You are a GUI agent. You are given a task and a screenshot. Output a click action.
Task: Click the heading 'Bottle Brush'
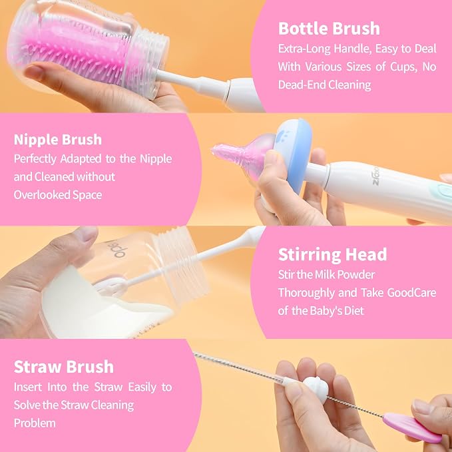click(x=329, y=29)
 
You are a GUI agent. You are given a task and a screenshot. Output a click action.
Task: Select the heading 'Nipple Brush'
click(x=58, y=140)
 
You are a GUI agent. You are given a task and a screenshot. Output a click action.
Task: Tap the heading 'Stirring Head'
click(x=332, y=254)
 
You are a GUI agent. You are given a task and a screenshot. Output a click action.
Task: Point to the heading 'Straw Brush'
click(x=64, y=367)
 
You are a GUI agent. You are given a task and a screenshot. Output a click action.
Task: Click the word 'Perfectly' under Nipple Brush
click(x=35, y=159)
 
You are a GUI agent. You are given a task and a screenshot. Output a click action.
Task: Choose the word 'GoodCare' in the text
click(x=411, y=293)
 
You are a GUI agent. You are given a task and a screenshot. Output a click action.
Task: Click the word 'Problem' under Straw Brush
click(x=35, y=423)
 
